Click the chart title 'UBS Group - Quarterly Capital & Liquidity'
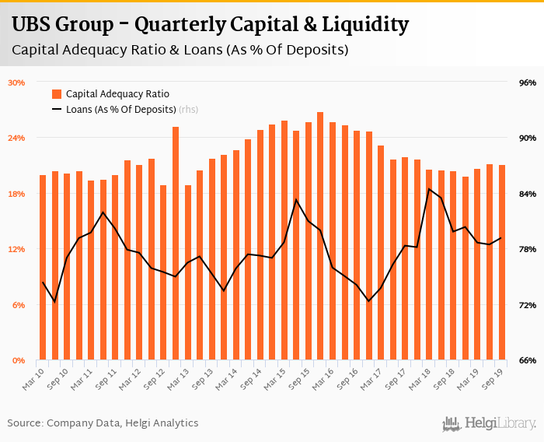210,25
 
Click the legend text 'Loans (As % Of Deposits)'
120,110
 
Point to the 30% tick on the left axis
17,82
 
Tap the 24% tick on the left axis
17,138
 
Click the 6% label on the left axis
19,305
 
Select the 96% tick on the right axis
528,82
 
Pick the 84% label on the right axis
528,194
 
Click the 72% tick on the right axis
528,305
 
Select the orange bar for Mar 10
43,268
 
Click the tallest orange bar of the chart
320,237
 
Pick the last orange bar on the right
501,262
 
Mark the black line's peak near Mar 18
429,189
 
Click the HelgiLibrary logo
489,423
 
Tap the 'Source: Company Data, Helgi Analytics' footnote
103,423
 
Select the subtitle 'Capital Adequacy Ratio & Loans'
180,50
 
